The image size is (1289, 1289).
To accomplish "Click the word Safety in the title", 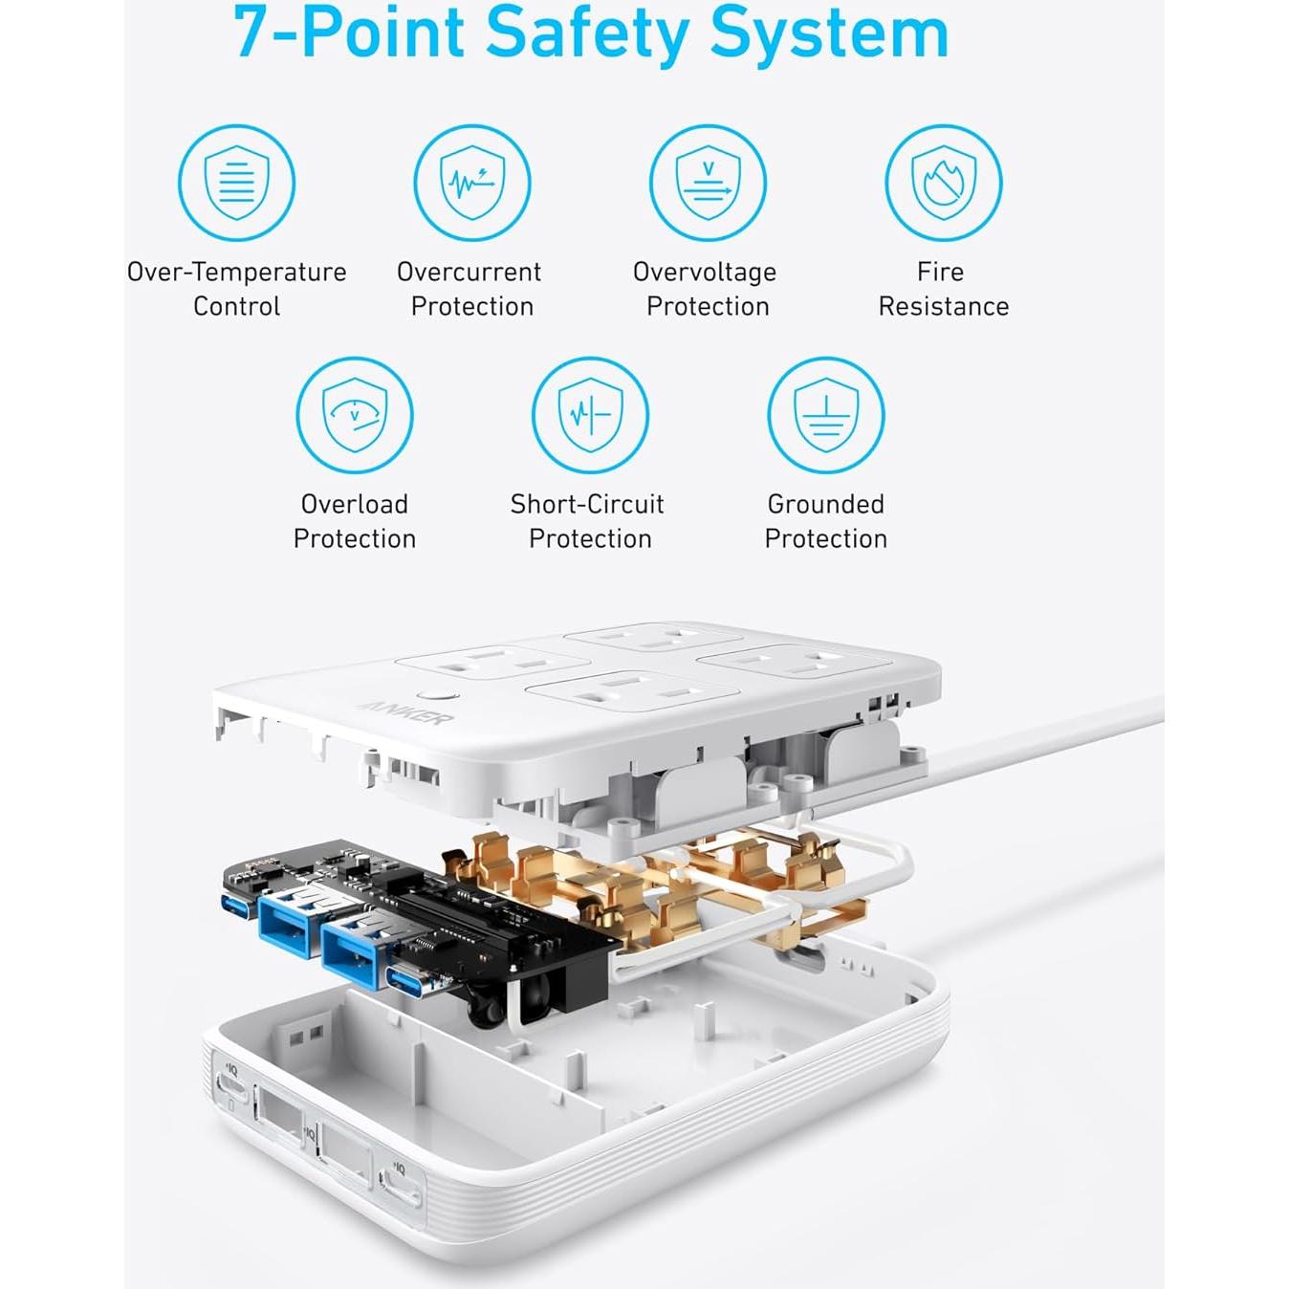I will coord(586,34).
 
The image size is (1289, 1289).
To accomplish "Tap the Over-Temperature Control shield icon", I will coord(236,183).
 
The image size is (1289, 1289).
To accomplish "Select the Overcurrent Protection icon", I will coord(472,183).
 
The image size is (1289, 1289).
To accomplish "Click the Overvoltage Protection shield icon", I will coord(708,183).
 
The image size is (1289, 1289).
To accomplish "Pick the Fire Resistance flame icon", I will coord(943,183).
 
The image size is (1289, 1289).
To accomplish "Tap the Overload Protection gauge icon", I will coord(355,415).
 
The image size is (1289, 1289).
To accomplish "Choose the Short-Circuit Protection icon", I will coord(590,415).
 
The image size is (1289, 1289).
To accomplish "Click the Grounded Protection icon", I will coord(826,415).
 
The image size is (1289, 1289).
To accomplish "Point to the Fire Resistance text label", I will coord(943,289).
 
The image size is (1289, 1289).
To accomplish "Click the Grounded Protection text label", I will coord(826,521).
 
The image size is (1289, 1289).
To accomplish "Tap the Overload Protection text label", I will coord(355,521).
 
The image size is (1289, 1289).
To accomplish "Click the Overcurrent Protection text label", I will coord(470,289).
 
